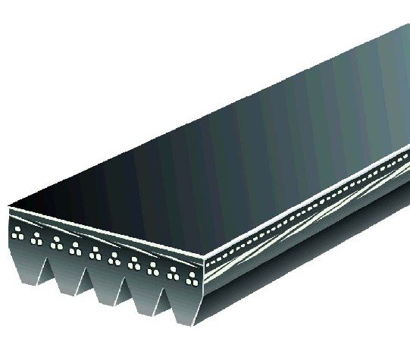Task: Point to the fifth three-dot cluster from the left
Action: (x=96, y=252)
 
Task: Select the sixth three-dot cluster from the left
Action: (x=115, y=257)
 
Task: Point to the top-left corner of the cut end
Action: (x=9, y=206)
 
